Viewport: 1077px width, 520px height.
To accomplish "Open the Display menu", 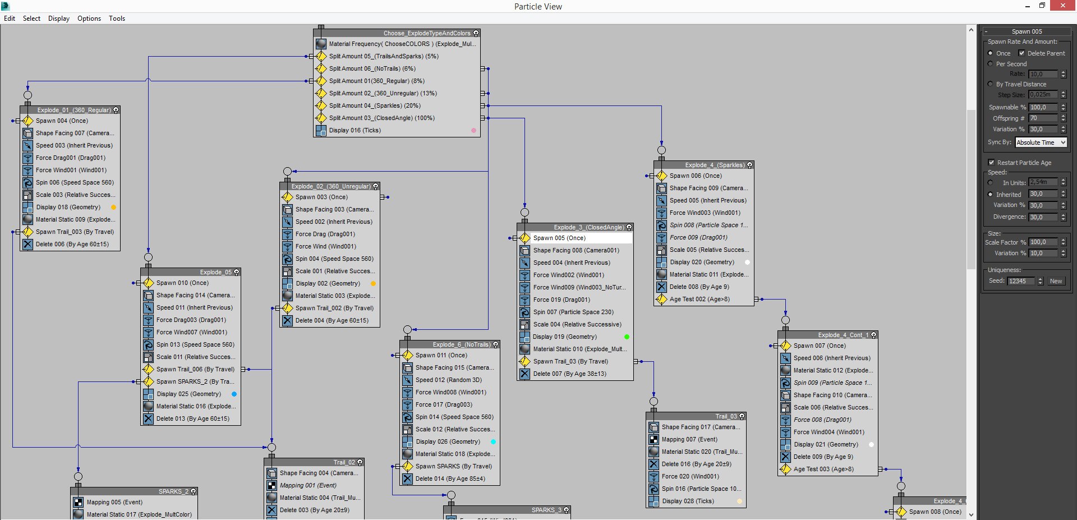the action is [59, 19].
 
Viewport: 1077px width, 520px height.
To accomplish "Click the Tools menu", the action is [117, 19].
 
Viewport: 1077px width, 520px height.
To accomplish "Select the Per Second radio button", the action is [991, 64].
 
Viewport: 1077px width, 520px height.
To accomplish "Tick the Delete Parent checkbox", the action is [1021, 53].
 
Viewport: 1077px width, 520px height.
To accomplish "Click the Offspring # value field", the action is [1043, 118].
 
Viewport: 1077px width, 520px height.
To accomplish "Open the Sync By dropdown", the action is [1041, 142].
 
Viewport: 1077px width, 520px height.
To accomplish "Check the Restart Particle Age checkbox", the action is [991, 163].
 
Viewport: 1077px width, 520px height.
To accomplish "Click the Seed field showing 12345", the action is [1021, 281].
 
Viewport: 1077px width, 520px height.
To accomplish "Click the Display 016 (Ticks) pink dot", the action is [473, 130].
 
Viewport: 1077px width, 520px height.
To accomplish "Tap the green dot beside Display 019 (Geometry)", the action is [627, 337].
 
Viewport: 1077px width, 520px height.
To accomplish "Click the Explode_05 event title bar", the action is [191, 272].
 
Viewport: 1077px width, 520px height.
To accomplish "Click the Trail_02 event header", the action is [314, 462].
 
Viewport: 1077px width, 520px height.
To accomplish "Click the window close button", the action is [1063, 6].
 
